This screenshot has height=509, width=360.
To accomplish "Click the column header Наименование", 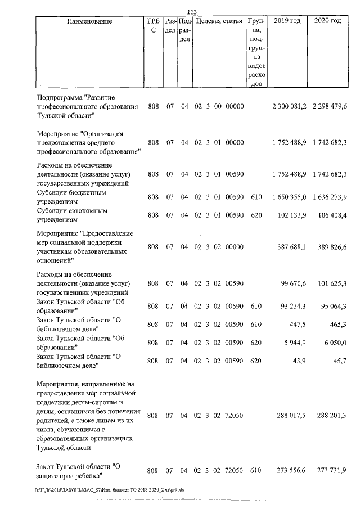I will pos(89,21).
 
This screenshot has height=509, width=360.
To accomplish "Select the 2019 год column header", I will pos(286,21).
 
